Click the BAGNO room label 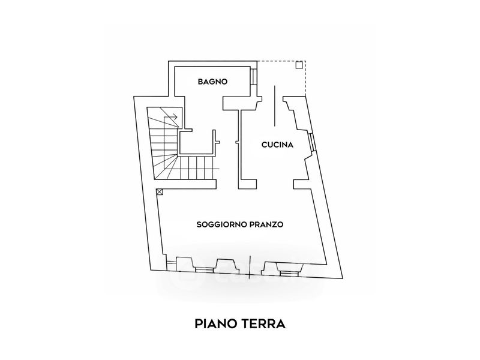(x=212, y=82)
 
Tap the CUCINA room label (x=277, y=145)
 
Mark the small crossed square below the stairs (x=160, y=192)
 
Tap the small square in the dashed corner (x=299, y=65)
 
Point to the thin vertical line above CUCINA (x=275, y=105)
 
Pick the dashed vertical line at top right (x=305, y=81)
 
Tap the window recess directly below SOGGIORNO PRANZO (x=226, y=265)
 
